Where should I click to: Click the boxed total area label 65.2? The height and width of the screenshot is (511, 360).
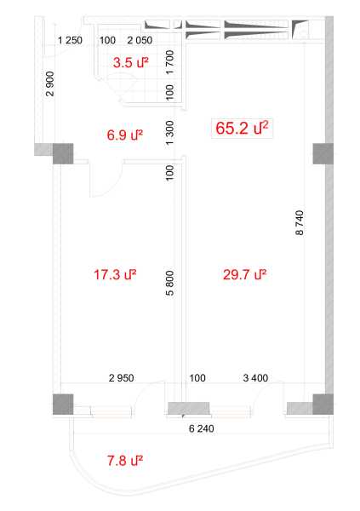(x=242, y=128)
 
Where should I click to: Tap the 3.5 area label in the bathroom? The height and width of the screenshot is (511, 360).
(x=131, y=62)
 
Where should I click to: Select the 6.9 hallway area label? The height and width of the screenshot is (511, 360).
(x=125, y=135)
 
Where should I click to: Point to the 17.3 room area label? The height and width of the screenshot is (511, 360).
(x=115, y=275)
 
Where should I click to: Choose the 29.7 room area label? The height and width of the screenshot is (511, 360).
(x=244, y=275)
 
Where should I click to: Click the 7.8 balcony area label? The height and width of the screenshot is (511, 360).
(x=125, y=461)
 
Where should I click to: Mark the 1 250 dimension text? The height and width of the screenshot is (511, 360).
(x=70, y=40)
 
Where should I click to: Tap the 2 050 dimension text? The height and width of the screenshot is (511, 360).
(x=140, y=40)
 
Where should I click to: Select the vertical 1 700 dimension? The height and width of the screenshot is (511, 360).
(x=170, y=62)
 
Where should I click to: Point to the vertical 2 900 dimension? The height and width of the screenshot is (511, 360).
(x=50, y=83)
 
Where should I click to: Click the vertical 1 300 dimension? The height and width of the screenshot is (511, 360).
(x=170, y=133)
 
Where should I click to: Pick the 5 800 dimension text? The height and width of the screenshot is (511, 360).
(x=170, y=284)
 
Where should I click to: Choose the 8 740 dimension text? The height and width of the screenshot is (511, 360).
(x=300, y=222)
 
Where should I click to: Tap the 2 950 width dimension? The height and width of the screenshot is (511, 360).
(x=121, y=378)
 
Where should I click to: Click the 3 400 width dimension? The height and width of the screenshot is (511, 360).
(x=255, y=378)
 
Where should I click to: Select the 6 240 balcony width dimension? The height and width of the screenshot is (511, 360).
(x=202, y=428)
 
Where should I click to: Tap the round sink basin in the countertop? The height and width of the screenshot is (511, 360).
(x=304, y=33)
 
